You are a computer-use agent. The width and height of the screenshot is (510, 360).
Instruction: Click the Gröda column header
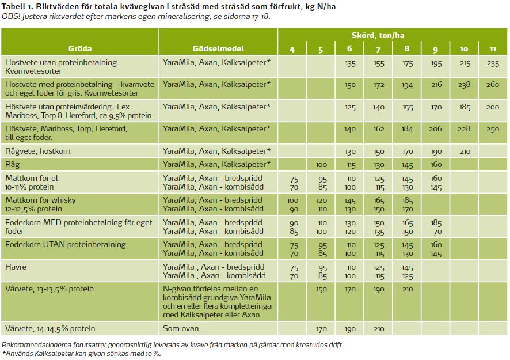tap(80, 49)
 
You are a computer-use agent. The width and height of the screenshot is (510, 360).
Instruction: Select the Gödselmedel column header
tap(218, 49)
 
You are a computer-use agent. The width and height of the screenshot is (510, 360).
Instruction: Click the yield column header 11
tap(493, 50)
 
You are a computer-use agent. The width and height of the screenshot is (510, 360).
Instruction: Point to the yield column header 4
tap(292, 50)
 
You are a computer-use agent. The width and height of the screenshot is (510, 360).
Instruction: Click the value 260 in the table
tap(493, 85)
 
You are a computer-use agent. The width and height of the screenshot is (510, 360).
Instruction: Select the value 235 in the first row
tap(493, 63)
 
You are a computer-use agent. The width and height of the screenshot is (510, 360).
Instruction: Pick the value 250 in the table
tap(493, 130)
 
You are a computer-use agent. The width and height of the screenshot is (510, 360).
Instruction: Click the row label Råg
tap(12, 165)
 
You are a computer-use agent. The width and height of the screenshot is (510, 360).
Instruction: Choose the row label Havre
tap(16, 267)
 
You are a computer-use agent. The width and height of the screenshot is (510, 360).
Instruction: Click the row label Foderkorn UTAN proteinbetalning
tap(65, 245)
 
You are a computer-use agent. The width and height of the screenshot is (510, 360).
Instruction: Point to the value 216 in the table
tap(436, 85)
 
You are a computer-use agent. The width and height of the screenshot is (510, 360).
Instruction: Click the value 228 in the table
tap(465, 130)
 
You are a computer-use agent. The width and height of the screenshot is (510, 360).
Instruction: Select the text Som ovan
tap(181, 329)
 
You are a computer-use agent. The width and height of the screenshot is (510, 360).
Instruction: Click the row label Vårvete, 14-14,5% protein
tap(50, 329)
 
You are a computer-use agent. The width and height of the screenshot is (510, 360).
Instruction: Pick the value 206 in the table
tap(436, 130)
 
